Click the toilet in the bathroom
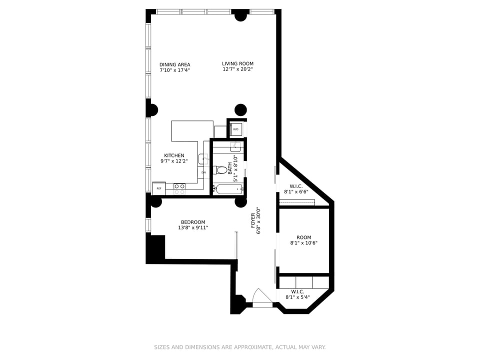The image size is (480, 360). (x=220, y=170)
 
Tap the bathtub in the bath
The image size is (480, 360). (x=228, y=189)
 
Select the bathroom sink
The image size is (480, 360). (x=235, y=147)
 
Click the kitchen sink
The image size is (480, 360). (x=203, y=159)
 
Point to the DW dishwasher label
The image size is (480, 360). (x=203, y=172)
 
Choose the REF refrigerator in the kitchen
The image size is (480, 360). (x=159, y=188)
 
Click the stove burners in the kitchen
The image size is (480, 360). (x=179, y=189)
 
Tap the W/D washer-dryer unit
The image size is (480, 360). (x=236, y=129)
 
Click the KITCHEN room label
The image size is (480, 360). (x=174, y=155)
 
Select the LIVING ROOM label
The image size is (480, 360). (x=238, y=63)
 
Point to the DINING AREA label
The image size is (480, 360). (x=175, y=64)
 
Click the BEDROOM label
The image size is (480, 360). (x=193, y=222)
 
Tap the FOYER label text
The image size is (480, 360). (x=253, y=220)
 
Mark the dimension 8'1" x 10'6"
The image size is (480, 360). (x=304, y=243)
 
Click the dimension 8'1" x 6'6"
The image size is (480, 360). (x=296, y=192)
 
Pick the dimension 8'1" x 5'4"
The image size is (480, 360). (x=297, y=297)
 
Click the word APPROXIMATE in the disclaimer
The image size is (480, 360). (x=253, y=347)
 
